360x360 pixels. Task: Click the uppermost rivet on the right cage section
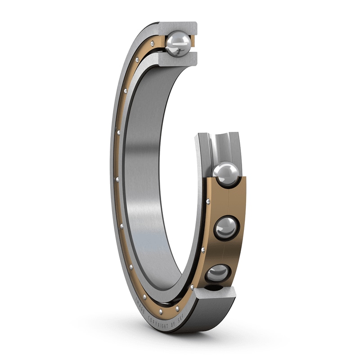pyautogui.click(x=208, y=201)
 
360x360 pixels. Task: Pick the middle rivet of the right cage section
pyautogui.click(x=203, y=249)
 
